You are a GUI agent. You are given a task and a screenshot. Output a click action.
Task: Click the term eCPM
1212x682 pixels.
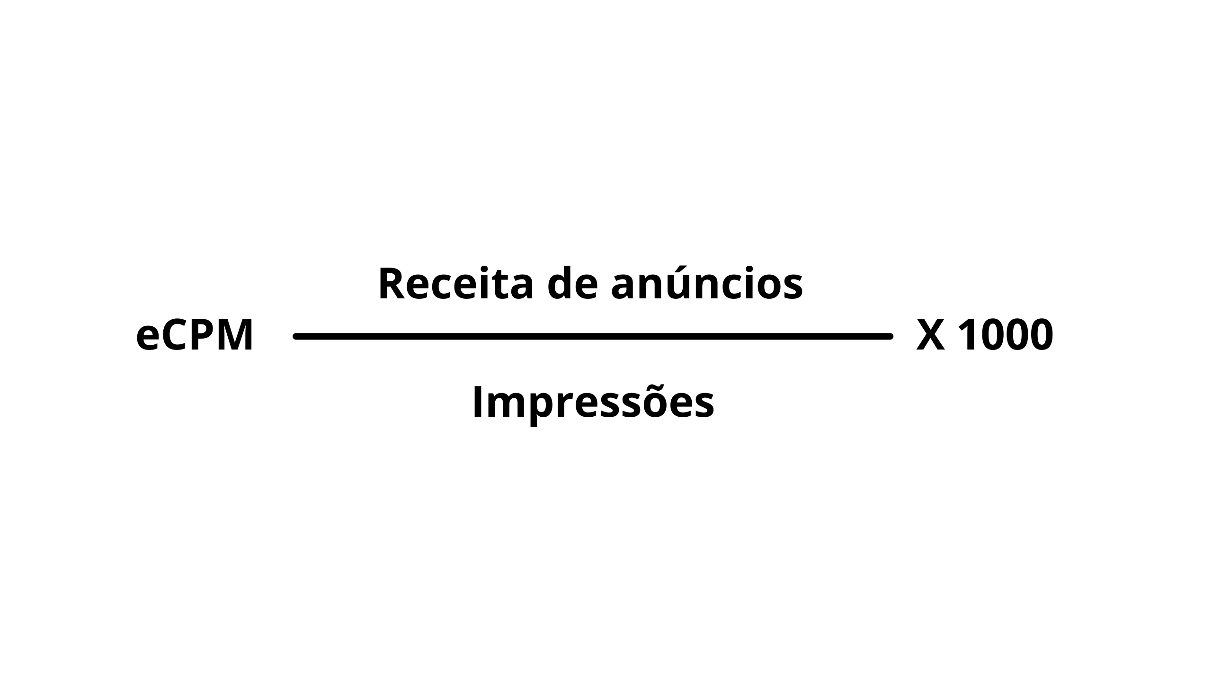point(195,336)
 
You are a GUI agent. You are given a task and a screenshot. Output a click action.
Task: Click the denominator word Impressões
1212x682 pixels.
point(593,402)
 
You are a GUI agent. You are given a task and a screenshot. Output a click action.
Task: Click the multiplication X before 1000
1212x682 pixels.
point(931,336)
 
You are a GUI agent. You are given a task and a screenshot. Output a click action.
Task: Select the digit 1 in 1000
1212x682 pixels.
point(967,336)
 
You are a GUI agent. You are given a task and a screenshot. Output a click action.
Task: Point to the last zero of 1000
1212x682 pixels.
point(1041,336)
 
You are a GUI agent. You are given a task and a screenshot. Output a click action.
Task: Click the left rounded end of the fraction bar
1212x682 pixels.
point(296,336)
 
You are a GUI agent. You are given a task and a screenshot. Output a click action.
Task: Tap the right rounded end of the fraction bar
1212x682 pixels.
point(890,336)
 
